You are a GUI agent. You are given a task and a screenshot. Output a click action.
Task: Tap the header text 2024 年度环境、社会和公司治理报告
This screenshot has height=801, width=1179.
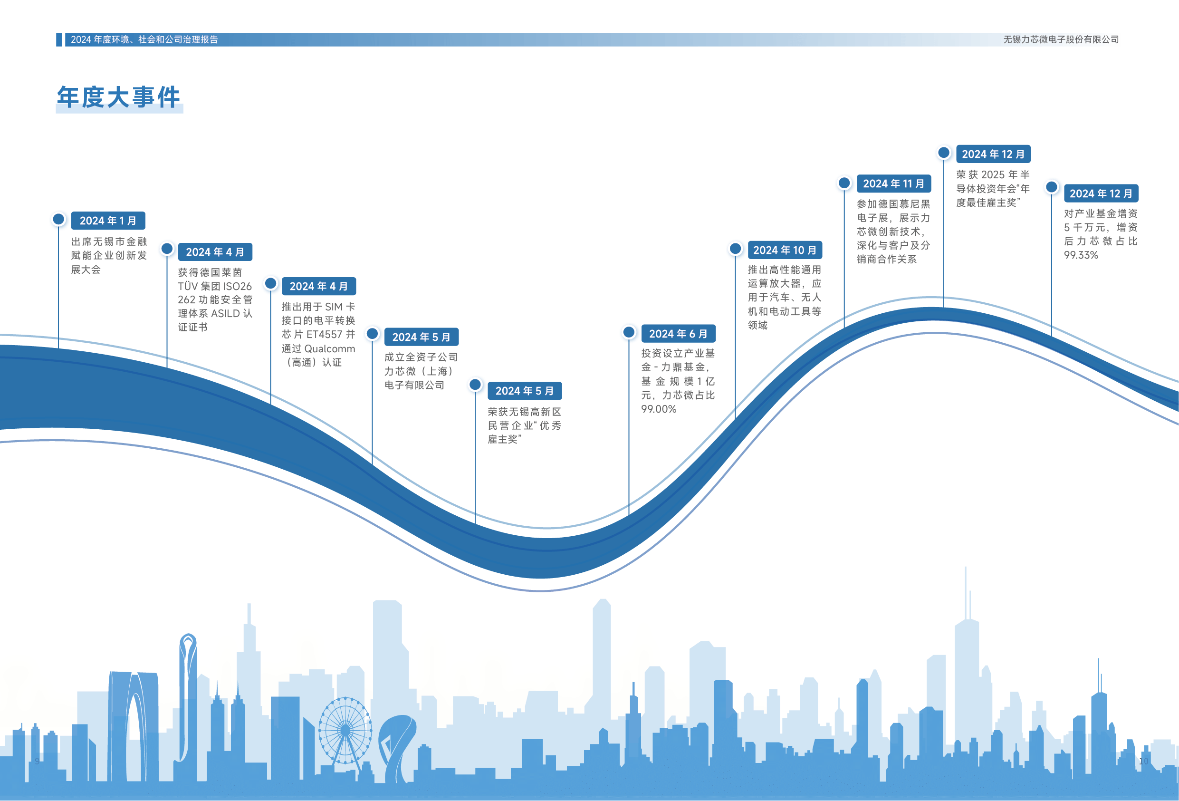(144, 39)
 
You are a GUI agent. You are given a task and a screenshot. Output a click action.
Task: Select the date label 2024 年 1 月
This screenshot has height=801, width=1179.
(108, 221)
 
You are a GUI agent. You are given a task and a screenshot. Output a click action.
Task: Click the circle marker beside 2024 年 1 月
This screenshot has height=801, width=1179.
(59, 219)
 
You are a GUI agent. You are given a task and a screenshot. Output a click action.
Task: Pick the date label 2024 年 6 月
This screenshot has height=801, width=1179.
(678, 334)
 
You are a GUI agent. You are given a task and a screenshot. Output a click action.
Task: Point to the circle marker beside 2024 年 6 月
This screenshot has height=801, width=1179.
(629, 332)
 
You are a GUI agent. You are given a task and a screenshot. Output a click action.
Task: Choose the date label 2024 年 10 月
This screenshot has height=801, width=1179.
(784, 250)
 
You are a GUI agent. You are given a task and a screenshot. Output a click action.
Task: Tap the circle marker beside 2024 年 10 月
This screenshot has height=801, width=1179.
(736, 249)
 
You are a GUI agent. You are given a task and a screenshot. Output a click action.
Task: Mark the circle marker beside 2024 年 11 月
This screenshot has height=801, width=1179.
(844, 183)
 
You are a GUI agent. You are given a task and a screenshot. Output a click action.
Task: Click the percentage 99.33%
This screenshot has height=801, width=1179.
(1081, 255)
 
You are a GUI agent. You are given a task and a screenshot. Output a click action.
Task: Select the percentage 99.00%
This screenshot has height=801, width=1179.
(658, 409)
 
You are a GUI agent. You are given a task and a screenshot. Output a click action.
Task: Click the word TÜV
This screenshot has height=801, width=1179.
(187, 286)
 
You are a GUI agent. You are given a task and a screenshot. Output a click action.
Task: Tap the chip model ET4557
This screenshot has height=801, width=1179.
(324, 335)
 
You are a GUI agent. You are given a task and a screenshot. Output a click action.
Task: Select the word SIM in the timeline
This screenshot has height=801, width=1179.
(333, 307)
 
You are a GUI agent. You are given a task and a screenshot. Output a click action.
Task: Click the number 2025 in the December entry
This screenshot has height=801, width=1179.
(992, 175)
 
